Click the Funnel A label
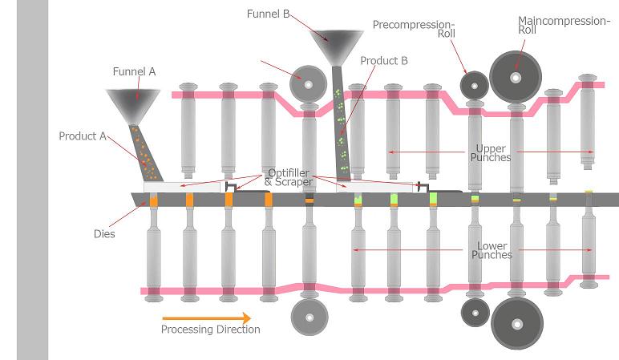[x=134, y=71]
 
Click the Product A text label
[x=83, y=136]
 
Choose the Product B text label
[x=383, y=60]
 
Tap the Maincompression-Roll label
[x=564, y=26]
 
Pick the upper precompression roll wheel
[x=475, y=85]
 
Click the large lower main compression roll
[x=517, y=323]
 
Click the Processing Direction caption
[x=210, y=330]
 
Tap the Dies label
[x=104, y=234]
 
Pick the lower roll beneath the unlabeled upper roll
[x=308, y=317]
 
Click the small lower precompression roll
[x=475, y=311]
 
